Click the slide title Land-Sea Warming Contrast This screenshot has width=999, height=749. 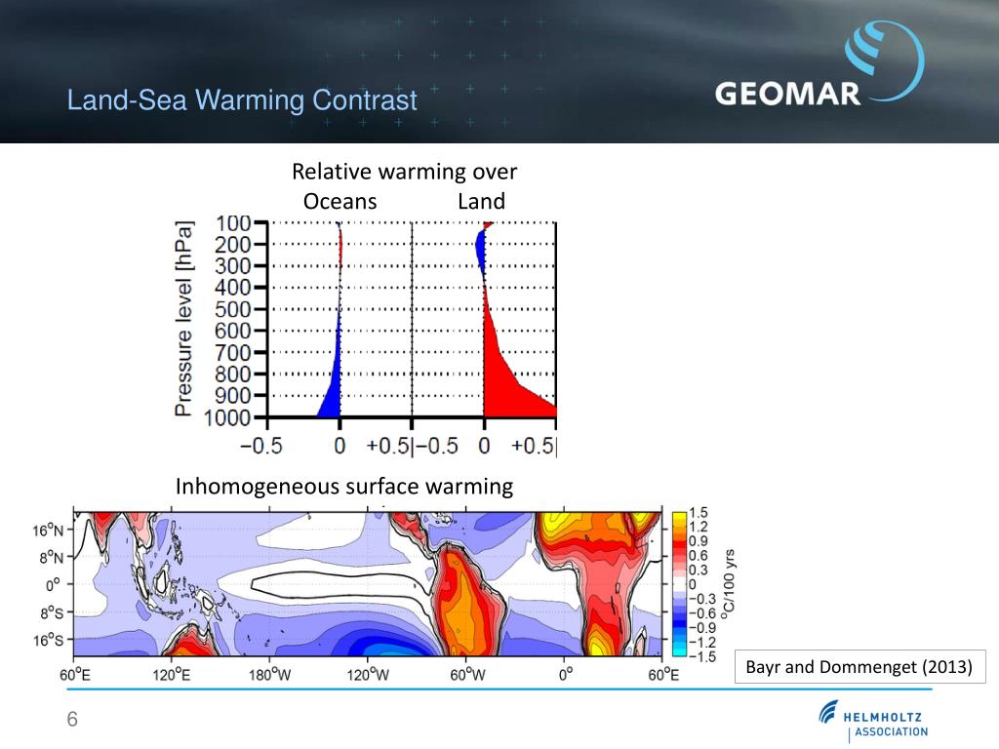click(x=242, y=99)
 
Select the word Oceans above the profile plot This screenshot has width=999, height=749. click(x=340, y=202)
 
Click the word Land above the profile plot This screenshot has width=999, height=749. click(x=481, y=202)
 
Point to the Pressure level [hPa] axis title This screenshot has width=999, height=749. click(x=183, y=319)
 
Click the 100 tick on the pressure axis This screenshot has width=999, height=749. click(x=233, y=223)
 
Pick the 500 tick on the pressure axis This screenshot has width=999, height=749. click(x=233, y=309)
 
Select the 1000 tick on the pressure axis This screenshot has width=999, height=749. click(x=226, y=416)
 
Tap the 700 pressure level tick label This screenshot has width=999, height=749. click(x=233, y=352)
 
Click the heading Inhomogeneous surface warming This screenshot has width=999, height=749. click(x=343, y=487)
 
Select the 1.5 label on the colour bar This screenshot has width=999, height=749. click(x=699, y=513)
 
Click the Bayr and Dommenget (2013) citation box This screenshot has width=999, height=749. click(x=859, y=668)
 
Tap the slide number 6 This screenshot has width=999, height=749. click(x=71, y=720)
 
